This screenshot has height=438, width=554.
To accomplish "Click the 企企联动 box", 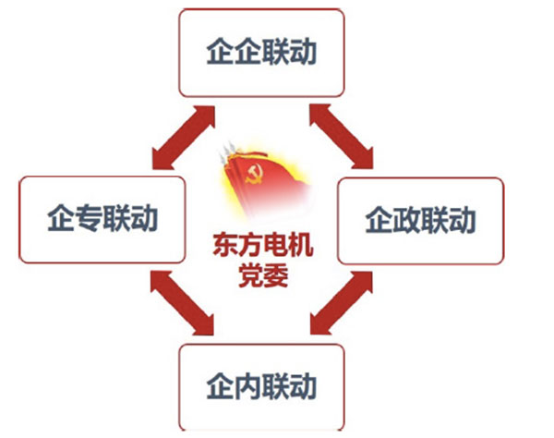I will click(x=261, y=52).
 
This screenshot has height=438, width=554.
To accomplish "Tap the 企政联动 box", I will click(x=420, y=221).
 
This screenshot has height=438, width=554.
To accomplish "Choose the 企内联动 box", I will click(x=261, y=384).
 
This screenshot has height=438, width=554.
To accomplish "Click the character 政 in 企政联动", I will click(x=407, y=222).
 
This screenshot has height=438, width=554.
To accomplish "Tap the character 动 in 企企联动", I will click(x=303, y=53).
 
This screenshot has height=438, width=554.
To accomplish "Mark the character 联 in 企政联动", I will click(x=435, y=222).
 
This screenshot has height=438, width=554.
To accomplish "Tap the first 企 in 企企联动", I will click(x=219, y=53).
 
